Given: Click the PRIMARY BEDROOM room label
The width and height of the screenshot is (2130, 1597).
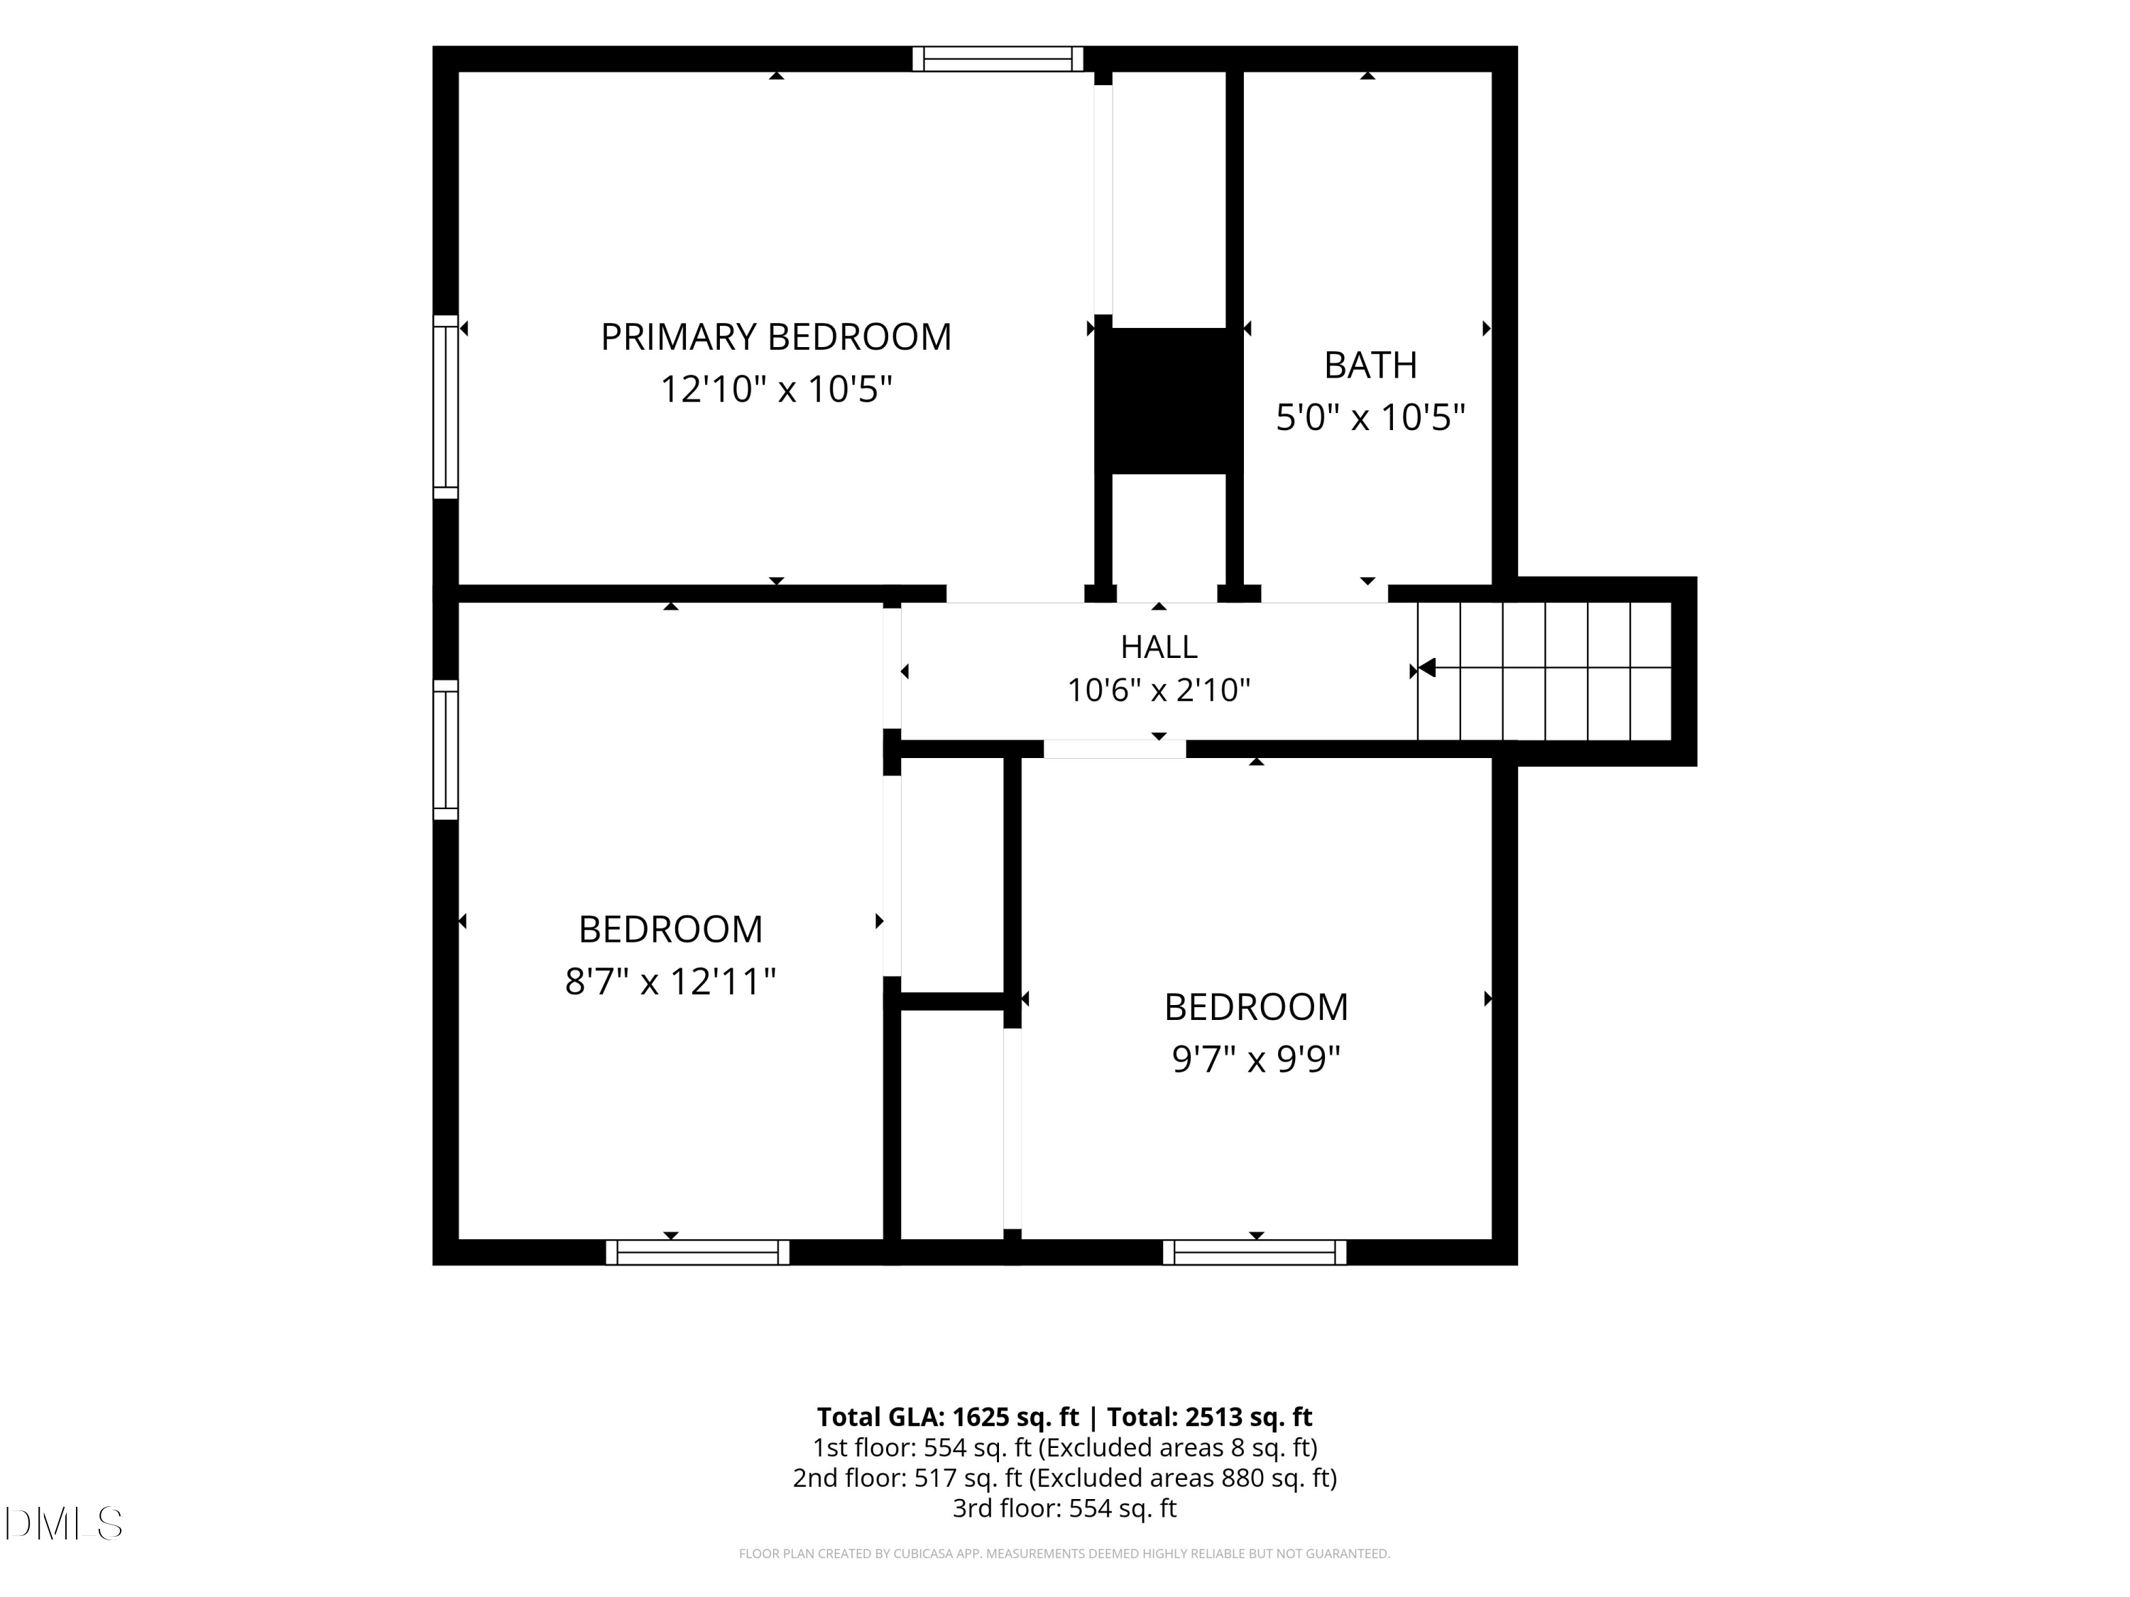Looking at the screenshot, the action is (x=776, y=337).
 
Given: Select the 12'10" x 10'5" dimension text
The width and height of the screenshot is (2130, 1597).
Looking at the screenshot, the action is (x=776, y=390).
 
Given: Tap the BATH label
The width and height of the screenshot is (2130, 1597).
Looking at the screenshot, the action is (x=1370, y=365).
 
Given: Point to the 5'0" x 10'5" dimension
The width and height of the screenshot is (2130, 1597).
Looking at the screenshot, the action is (x=1370, y=418).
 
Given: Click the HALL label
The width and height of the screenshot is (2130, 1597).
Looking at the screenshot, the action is (x=1159, y=647).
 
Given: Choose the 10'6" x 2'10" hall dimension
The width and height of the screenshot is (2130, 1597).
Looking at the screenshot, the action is (x=1159, y=690).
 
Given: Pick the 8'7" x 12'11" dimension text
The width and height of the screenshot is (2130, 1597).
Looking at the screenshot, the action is (x=670, y=982).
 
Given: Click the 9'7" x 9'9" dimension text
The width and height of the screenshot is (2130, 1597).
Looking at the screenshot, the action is (x=1256, y=1059).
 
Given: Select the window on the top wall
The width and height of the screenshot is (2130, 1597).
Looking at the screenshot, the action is (x=998, y=59).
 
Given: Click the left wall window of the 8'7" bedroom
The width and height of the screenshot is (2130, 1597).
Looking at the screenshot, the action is (x=445, y=750).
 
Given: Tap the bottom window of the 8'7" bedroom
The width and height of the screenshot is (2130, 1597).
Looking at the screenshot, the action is (x=697, y=1252).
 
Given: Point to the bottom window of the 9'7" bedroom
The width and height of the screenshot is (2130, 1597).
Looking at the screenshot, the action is (x=1255, y=1252).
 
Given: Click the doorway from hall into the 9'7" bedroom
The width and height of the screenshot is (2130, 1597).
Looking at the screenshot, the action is (x=1114, y=749).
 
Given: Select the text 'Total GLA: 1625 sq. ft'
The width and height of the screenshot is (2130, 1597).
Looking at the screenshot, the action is (x=948, y=1417).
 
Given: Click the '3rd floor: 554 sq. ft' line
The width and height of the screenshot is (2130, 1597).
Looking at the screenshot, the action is (x=1064, y=1508).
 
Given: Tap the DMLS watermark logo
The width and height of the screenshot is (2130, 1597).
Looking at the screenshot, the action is (x=64, y=1524).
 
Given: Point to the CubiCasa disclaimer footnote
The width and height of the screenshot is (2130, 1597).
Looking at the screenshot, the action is (x=1064, y=1554).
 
